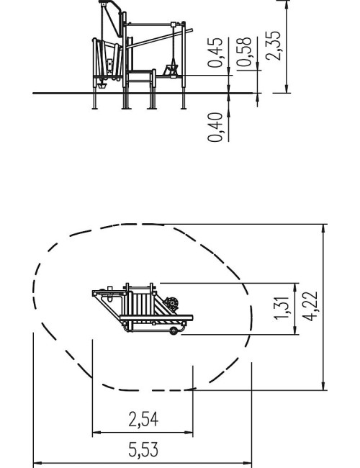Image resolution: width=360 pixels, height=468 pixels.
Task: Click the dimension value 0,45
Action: tap(215, 53)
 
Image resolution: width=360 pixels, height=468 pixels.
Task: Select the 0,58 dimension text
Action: tap(244, 52)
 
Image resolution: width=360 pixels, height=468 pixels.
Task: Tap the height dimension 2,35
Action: tap(273, 45)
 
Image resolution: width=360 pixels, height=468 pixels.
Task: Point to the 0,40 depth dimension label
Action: tap(215, 127)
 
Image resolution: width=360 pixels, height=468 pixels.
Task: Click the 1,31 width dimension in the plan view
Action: tap(282, 308)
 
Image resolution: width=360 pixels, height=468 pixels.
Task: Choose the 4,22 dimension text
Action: tap(310, 306)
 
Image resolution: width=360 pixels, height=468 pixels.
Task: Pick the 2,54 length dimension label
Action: tap(143, 419)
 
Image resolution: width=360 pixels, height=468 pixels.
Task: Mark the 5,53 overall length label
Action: tap(143, 449)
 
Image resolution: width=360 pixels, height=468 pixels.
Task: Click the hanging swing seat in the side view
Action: tap(171, 71)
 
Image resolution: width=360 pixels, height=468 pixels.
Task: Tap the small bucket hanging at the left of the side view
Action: tap(102, 86)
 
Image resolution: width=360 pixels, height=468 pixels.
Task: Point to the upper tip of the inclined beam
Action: tap(192, 30)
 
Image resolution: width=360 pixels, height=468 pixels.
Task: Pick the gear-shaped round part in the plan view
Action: tap(171, 304)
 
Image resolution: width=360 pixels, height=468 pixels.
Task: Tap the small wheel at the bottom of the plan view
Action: tap(173, 330)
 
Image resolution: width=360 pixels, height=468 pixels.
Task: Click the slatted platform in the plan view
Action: tap(142, 305)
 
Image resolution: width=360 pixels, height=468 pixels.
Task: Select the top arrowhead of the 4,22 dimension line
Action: tap(323, 229)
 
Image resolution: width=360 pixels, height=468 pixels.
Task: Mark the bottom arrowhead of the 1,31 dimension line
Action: tap(295, 330)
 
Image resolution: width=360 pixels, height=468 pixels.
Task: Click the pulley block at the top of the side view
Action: tap(103, 4)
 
